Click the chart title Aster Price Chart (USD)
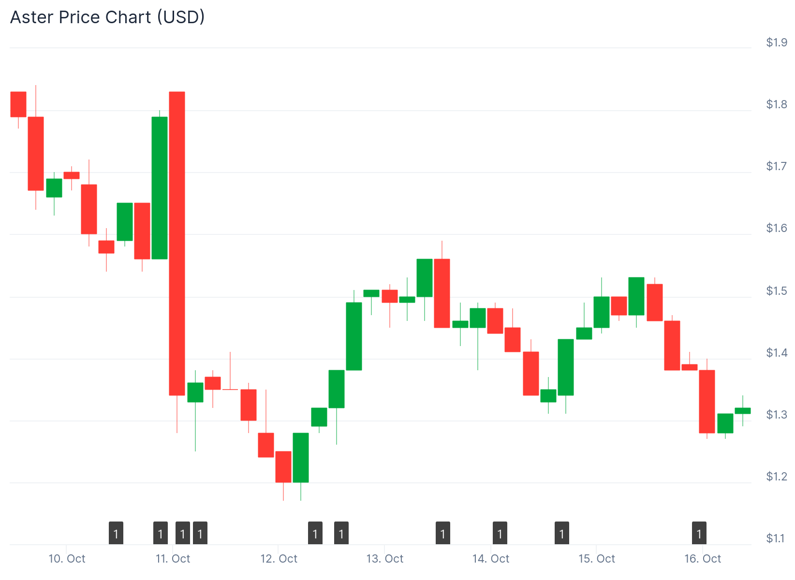click(107, 17)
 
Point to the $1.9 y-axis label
click(776, 43)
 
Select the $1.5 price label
click(776, 291)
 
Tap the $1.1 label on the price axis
click(776, 538)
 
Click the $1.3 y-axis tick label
click(776, 415)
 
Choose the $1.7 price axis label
click(776, 166)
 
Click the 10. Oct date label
click(67, 559)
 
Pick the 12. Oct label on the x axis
click(279, 559)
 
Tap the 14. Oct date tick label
click(491, 559)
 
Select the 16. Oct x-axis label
click(702, 559)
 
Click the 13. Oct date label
click(385, 559)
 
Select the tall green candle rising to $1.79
click(160, 188)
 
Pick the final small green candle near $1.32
click(743, 411)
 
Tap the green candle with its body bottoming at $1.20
click(301, 458)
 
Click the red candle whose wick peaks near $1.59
click(442, 293)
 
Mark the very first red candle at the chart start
click(18, 104)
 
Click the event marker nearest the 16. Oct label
click(699, 533)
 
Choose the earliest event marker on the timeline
click(116, 533)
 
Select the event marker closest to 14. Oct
click(500, 533)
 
